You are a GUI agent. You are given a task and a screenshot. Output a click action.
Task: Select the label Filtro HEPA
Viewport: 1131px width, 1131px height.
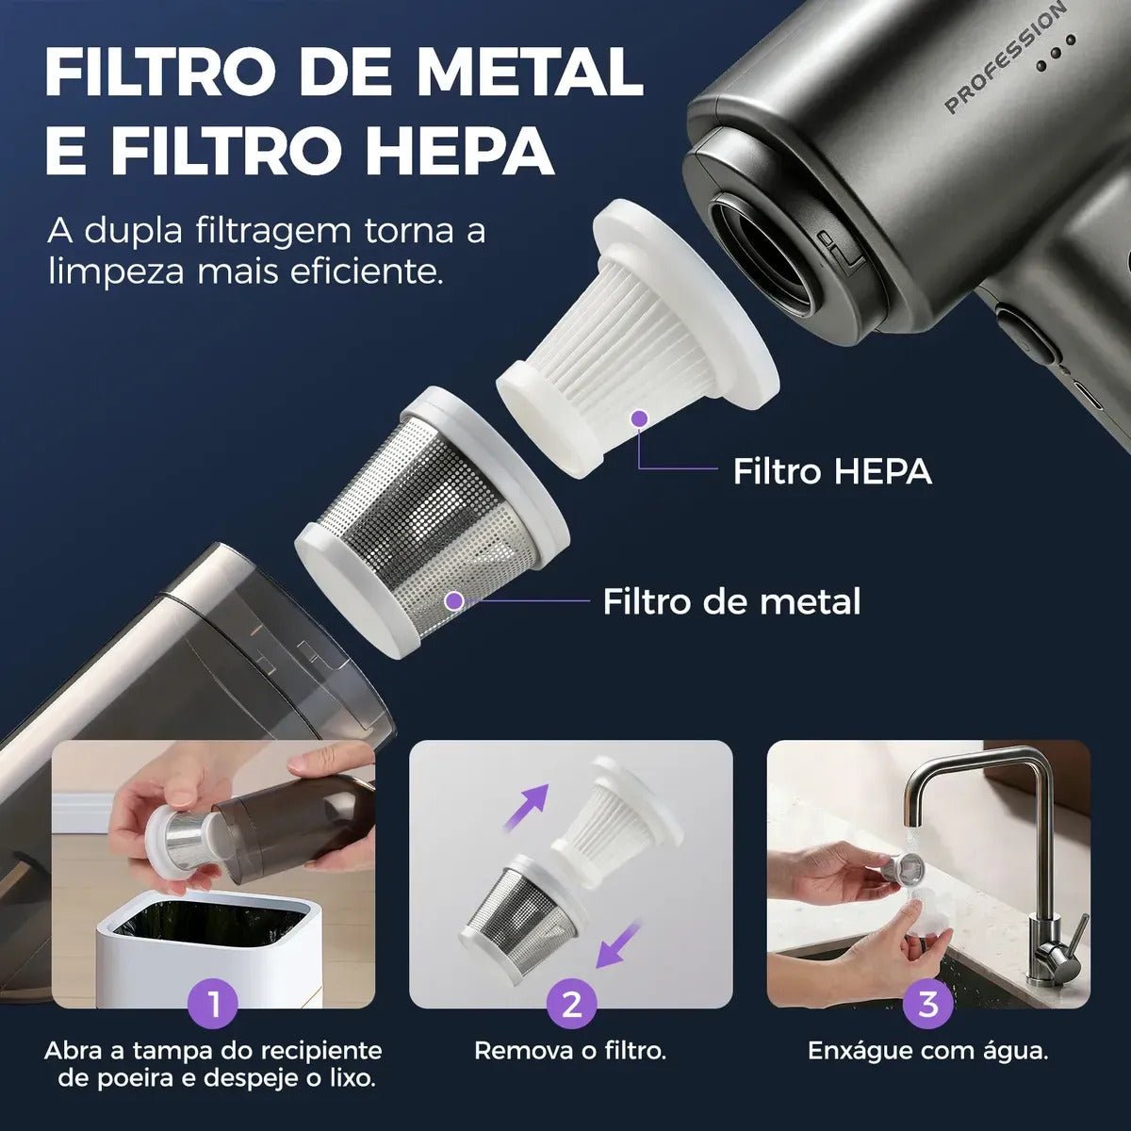pos(832,471)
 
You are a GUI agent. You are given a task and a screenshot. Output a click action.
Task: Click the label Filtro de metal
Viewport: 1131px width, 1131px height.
pos(732,601)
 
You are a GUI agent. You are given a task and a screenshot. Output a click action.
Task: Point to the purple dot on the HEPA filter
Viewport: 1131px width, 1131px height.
pos(639,418)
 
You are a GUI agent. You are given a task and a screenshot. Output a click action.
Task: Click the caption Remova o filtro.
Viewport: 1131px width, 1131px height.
pos(570,1051)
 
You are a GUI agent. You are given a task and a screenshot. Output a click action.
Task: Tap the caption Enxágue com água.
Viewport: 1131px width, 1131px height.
pos(928,1051)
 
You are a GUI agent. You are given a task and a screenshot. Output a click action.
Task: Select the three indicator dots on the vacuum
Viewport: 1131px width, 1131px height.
pos(1056,52)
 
